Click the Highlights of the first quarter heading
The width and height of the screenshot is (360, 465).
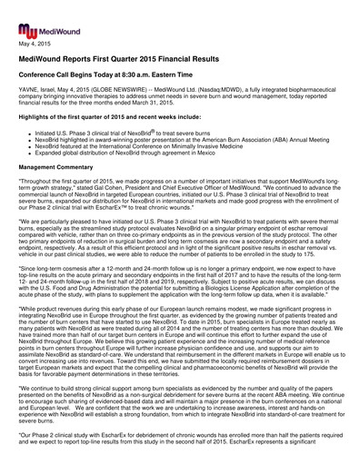click(109, 119)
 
